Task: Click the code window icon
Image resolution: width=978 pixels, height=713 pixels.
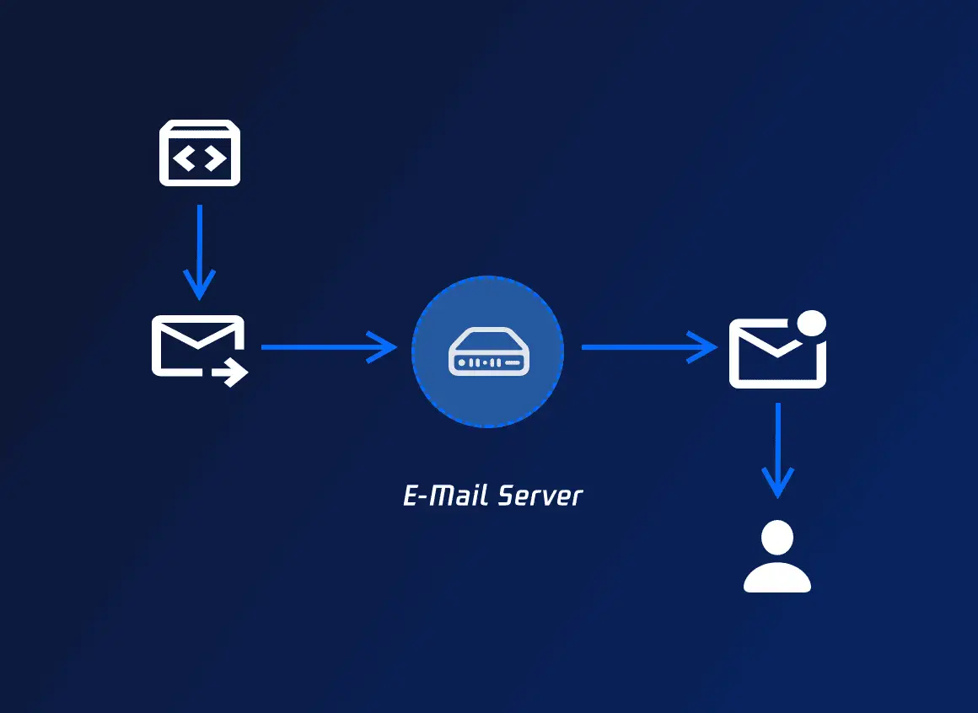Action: click(200, 153)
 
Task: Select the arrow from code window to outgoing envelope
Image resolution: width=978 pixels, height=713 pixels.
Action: click(200, 250)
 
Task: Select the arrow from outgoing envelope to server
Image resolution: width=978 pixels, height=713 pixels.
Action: click(328, 346)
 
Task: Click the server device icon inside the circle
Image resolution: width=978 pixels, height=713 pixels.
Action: click(487, 352)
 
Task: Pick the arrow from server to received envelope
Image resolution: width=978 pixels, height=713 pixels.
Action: click(648, 346)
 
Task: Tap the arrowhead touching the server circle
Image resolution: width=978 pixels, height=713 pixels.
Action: click(384, 346)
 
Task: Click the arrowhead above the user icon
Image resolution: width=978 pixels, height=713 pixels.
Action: click(777, 485)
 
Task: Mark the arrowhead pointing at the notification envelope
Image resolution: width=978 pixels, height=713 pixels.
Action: click(705, 346)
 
